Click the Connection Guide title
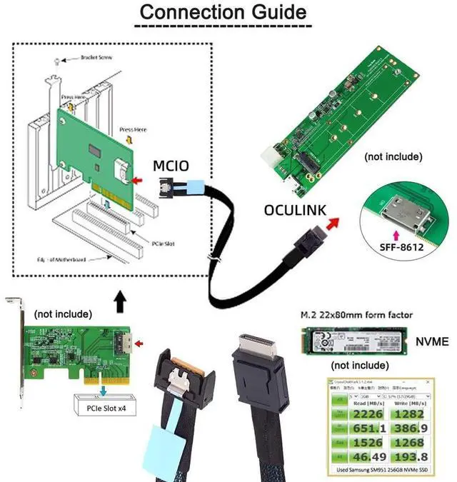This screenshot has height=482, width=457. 222,12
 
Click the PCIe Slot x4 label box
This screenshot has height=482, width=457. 105,408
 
